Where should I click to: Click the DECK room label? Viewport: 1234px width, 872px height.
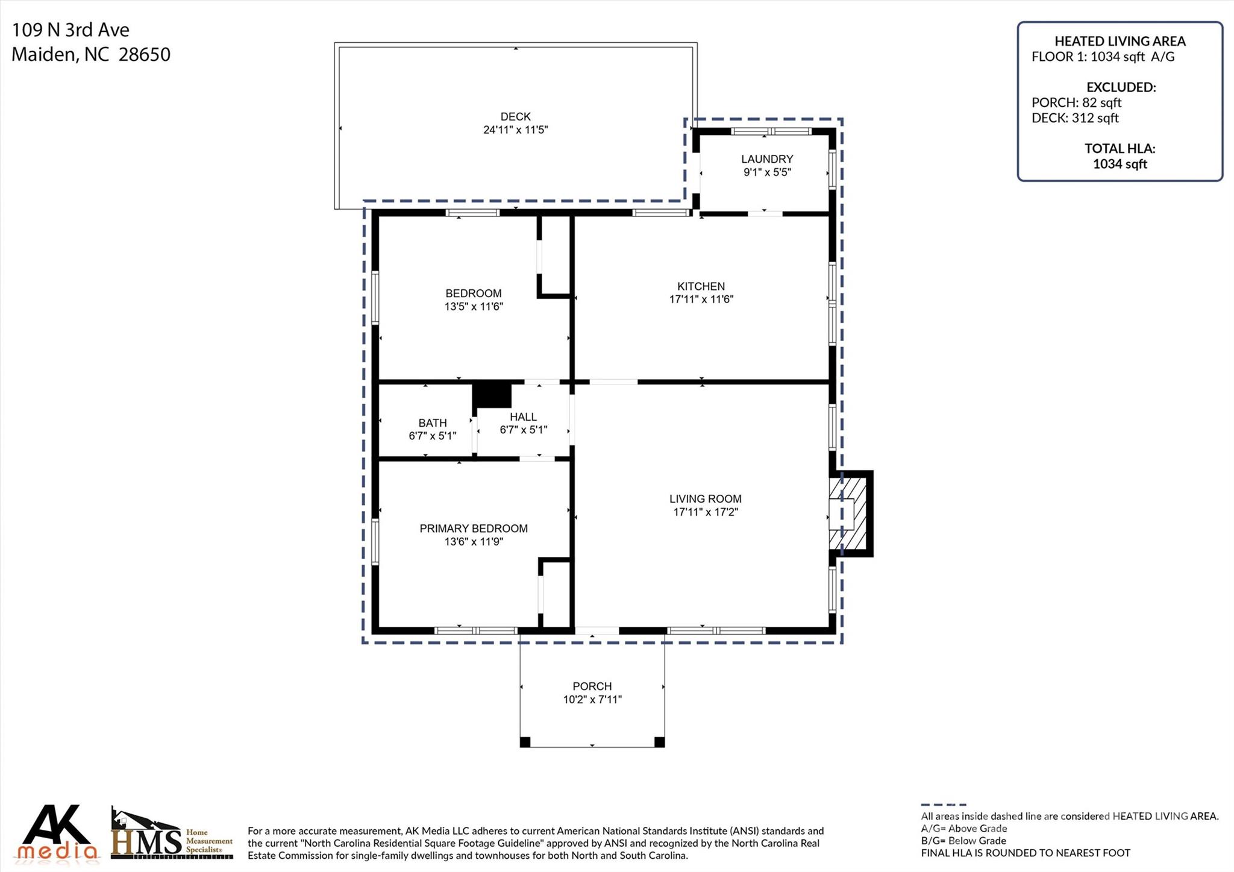click(x=515, y=116)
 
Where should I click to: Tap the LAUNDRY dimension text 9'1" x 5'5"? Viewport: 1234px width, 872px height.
click(x=767, y=172)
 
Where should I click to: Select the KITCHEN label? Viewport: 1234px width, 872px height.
click(x=701, y=286)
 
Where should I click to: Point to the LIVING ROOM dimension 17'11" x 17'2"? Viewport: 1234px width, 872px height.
click(x=706, y=512)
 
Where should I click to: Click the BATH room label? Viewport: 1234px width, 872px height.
click(x=433, y=423)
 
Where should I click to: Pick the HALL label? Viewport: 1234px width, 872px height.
click(x=523, y=417)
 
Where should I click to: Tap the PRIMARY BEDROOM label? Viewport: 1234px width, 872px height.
click(x=474, y=529)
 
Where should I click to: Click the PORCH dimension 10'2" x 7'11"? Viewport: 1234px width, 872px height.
click(x=592, y=700)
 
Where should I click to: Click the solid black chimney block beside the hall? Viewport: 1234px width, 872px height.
click(x=492, y=395)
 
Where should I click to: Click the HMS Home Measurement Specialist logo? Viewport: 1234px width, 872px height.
click(x=172, y=834)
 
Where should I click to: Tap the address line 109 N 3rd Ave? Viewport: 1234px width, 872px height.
click(x=70, y=30)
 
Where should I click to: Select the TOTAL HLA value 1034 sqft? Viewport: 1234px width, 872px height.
click(x=1120, y=164)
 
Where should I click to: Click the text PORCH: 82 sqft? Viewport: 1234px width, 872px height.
click(x=1076, y=102)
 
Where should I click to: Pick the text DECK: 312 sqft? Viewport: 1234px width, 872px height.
click(x=1075, y=118)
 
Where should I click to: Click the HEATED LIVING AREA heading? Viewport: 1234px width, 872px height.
click(x=1120, y=41)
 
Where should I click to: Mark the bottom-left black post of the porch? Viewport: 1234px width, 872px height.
click(x=525, y=742)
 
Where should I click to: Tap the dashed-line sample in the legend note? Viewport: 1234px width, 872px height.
click(x=944, y=805)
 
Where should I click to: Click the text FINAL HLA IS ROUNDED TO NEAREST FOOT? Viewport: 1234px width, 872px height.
click(x=1026, y=853)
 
